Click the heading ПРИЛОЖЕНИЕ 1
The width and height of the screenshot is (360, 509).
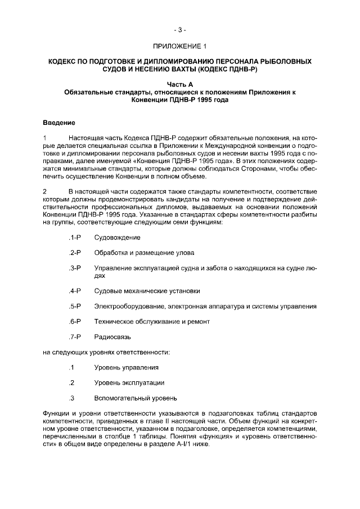(x=179, y=46)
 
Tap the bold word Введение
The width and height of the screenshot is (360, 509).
(x=59, y=122)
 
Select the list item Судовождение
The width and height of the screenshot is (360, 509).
(x=117, y=237)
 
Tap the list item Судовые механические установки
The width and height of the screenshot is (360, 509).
(x=147, y=291)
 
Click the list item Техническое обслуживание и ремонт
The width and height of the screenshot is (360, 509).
(x=152, y=322)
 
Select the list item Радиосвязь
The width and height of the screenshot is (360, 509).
(x=112, y=337)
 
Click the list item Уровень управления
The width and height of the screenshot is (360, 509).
(x=126, y=367)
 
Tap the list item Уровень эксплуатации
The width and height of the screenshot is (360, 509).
(x=129, y=382)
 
